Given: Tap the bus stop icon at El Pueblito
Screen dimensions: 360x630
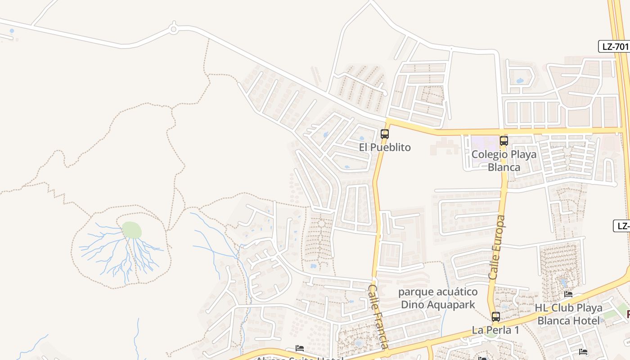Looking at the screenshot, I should pyautogui.click(x=385, y=134).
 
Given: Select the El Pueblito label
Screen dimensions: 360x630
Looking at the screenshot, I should pyautogui.click(x=385, y=147).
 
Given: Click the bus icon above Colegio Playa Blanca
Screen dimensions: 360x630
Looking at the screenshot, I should pyautogui.click(x=504, y=140).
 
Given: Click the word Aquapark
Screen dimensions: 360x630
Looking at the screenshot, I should pyautogui.click(x=453, y=305).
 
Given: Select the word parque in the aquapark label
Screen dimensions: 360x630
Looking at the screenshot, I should pyautogui.click(x=415, y=292).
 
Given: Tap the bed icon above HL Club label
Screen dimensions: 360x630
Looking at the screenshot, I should pyautogui.click(x=568, y=294).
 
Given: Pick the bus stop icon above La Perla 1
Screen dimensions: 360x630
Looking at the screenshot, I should pyautogui.click(x=495, y=316).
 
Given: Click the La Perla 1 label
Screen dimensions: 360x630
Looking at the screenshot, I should pyautogui.click(x=495, y=330).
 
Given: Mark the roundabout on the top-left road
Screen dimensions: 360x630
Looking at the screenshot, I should pyautogui.click(x=174, y=30).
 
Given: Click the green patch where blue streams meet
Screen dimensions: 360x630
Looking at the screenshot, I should pyautogui.click(x=131, y=230).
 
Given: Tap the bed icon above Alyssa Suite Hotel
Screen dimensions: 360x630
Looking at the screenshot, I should pyautogui.click(x=300, y=348).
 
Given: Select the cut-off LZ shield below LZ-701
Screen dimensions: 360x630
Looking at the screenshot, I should pyautogui.click(x=623, y=226).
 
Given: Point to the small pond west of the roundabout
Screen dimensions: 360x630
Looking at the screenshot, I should pyautogui.click(x=12, y=31).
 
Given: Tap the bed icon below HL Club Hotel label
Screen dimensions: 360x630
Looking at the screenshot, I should pyautogui.click(x=583, y=351).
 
